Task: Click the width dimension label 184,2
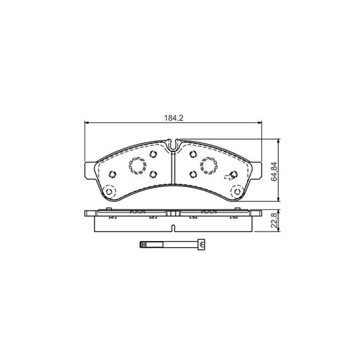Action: [174, 118]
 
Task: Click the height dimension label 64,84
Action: [273, 172]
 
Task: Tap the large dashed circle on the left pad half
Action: [138, 165]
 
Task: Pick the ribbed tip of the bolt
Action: [144, 245]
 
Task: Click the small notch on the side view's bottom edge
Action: [174, 221]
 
